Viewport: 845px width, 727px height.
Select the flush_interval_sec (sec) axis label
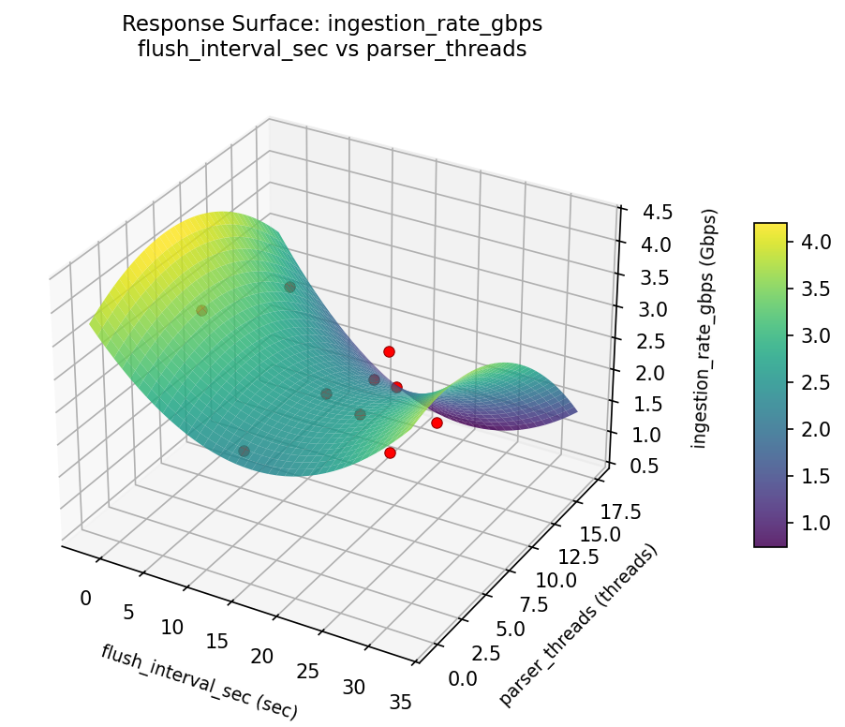coord(199,682)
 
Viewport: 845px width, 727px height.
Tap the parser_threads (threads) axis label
coord(578,624)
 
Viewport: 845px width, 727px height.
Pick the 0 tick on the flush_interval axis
coord(86,599)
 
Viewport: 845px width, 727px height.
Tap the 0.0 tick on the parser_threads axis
coord(465,676)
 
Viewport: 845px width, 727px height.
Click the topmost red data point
coord(389,351)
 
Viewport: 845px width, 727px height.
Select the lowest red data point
coord(390,453)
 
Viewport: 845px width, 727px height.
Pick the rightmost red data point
coord(437,423)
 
